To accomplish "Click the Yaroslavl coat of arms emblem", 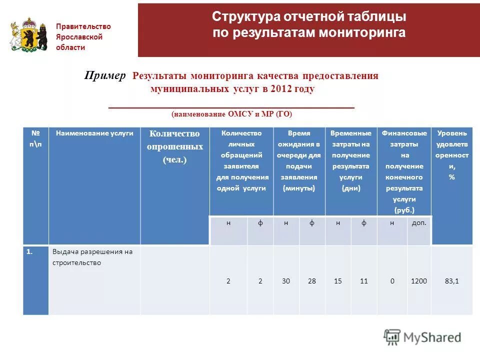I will pos(28,34).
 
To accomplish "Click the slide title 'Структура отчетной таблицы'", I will pos(308,17).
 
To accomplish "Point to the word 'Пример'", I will pos(105,75).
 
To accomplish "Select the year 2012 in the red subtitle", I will pos(281,89).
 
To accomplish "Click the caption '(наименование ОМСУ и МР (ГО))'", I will pos(231,114).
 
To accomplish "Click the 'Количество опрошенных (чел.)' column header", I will pos(174,146).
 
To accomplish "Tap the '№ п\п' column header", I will pos(35,137).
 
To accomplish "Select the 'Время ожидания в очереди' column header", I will pos(299,160).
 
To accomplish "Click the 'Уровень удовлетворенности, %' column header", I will pos(451,155).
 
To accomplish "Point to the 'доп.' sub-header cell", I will pos(419,223).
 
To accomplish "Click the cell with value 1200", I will pos(419,281).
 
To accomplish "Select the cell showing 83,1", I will pos(451,281).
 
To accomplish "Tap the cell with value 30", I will pos(286,281).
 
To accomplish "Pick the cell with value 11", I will pos(364,281).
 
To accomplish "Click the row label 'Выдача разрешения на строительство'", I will pos(92,257).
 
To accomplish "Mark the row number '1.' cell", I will pos(30,252).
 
